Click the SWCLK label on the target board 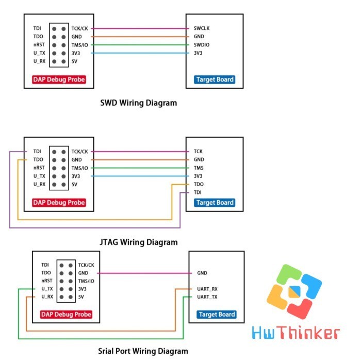click(x=202, y=28)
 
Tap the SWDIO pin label click(x=202, y=45)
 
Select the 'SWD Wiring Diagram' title click(x=139, y=103)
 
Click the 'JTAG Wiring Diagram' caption click(x=139, y=242)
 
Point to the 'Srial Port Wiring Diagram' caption click(x=143, y=351)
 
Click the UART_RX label click(x=207, y=289)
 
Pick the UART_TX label click(x=207, y=297)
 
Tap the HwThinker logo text click(x=296, y=333)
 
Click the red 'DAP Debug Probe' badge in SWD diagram click(x=59, y=79)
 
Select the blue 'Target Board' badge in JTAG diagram click(x=215, y=203)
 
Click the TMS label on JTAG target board click(x=199, y=168)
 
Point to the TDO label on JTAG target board click(x=199, y=184)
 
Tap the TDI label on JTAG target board click(x=198, y=192)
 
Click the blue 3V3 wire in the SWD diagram click(x=140, y=53)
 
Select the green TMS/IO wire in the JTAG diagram click(x=140, y=168)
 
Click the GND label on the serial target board click(x=202, y=273)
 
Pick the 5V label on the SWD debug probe click(x=74, y=61)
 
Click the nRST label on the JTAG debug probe click(x=39, y=168)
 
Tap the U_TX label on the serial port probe click(x=47, y=289)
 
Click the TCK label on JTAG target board click(x=198, y=151)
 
